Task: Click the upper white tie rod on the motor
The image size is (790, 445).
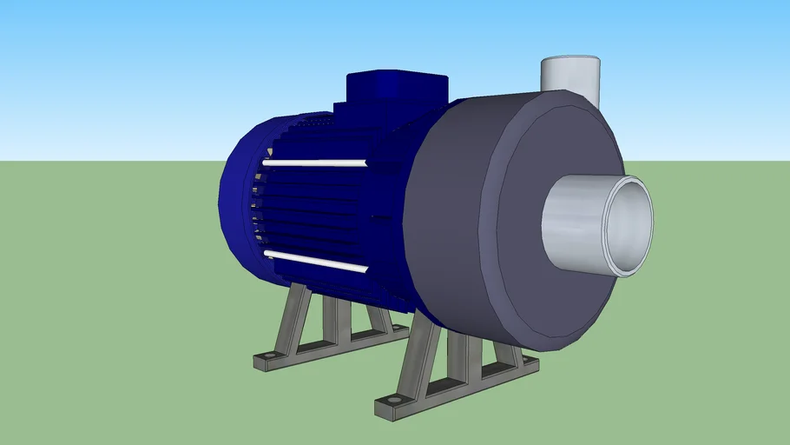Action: point(314,163)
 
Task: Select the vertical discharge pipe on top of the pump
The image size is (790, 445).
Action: point(570,75)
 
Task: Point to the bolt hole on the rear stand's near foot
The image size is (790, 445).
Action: point(268,356)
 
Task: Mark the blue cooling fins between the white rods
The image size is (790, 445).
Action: point(313,213)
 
